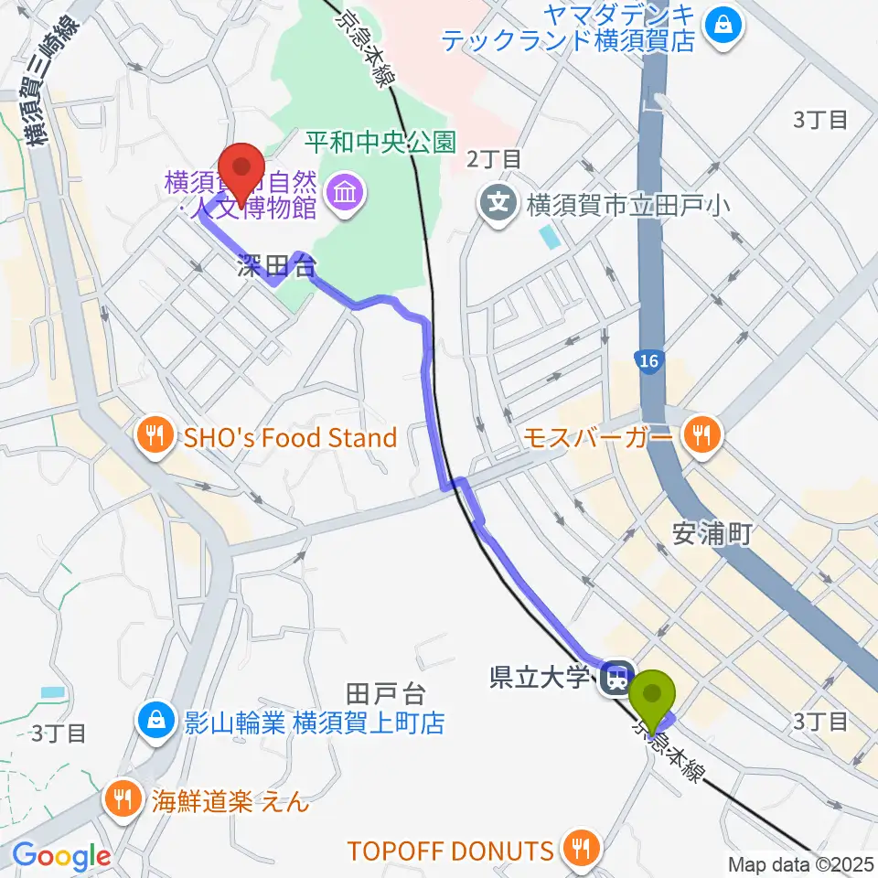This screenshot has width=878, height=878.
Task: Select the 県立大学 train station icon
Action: pyautogui.click(x=616, y=679)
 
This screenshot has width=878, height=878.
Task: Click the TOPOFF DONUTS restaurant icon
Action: pyautogui.click(x=579, y=851)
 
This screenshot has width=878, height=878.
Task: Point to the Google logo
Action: pyautogui.click(x=61, y=857)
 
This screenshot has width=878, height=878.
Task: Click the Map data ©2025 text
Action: pyautogui.click(x=801, y=863)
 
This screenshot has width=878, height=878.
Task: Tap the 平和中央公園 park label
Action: pyautogui.click(x=380, y=143)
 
